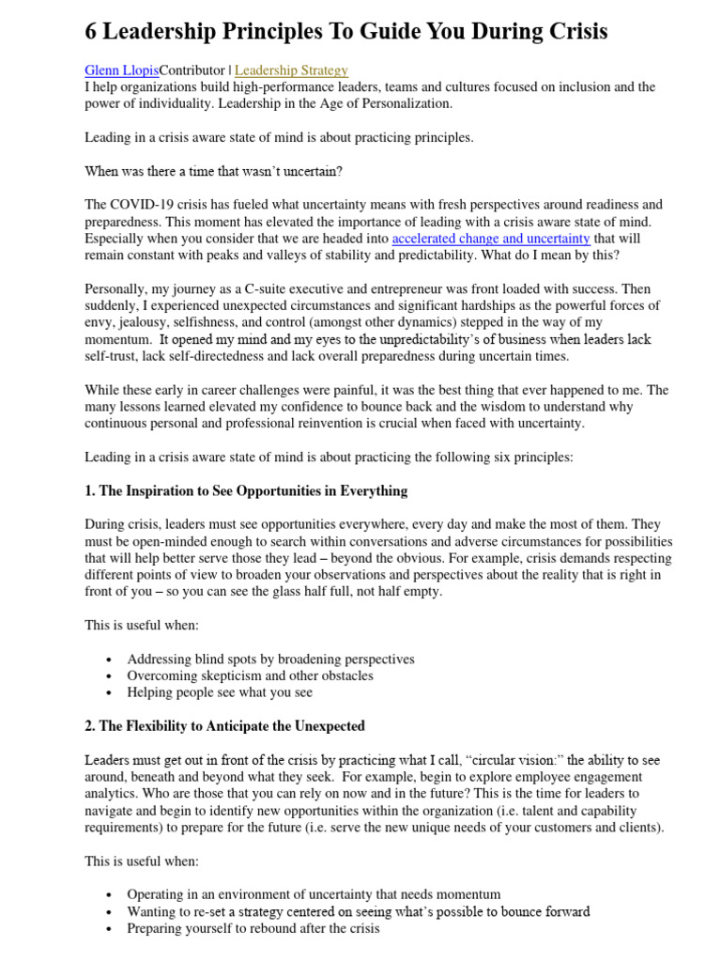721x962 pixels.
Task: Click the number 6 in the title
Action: click(x=91, y=32)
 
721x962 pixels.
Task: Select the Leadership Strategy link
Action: click(x=291, y=70)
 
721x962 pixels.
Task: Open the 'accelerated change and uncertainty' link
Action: click(x=491, y=239)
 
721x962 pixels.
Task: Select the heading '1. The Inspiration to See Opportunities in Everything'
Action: click(x=246, y=490)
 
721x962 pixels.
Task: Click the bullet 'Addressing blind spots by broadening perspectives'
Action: click(x=270, y=659)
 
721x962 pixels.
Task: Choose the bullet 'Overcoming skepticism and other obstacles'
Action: click(x=250, y=675)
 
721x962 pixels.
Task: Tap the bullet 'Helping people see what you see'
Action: click(x=220, y=692)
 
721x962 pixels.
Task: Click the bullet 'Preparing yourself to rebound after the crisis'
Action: click(x=253, y=928)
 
